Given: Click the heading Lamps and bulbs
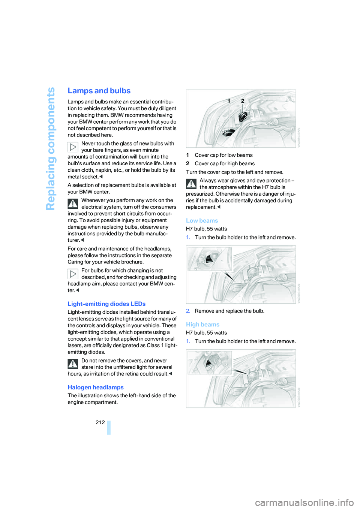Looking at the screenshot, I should [99, 91].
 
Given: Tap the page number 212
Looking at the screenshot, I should [100, 422].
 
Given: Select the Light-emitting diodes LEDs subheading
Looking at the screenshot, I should [106, 304].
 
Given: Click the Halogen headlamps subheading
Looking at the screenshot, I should [96, 388].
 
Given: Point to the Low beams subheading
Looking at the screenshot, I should [202, 221].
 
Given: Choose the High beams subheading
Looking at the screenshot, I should [202, 325].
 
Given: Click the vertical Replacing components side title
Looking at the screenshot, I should [51, 148].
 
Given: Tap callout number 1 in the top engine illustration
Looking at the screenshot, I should [229, 101].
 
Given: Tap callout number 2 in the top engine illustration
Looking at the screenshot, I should [243, 101].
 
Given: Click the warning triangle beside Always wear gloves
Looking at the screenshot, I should [191, 184].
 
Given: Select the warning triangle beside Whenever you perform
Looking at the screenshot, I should [73, 204].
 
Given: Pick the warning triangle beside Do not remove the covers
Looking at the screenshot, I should [73, 364].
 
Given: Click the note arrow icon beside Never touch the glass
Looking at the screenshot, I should [73, 147].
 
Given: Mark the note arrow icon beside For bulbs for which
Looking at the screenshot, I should [73, 274].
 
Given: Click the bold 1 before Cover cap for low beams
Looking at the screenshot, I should [187, 155].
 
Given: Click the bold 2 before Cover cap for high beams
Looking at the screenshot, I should [187, 164].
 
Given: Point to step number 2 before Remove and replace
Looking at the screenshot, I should [188, 311].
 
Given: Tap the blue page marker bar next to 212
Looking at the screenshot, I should [109, 427].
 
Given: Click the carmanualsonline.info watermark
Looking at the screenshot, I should [304, 502].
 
